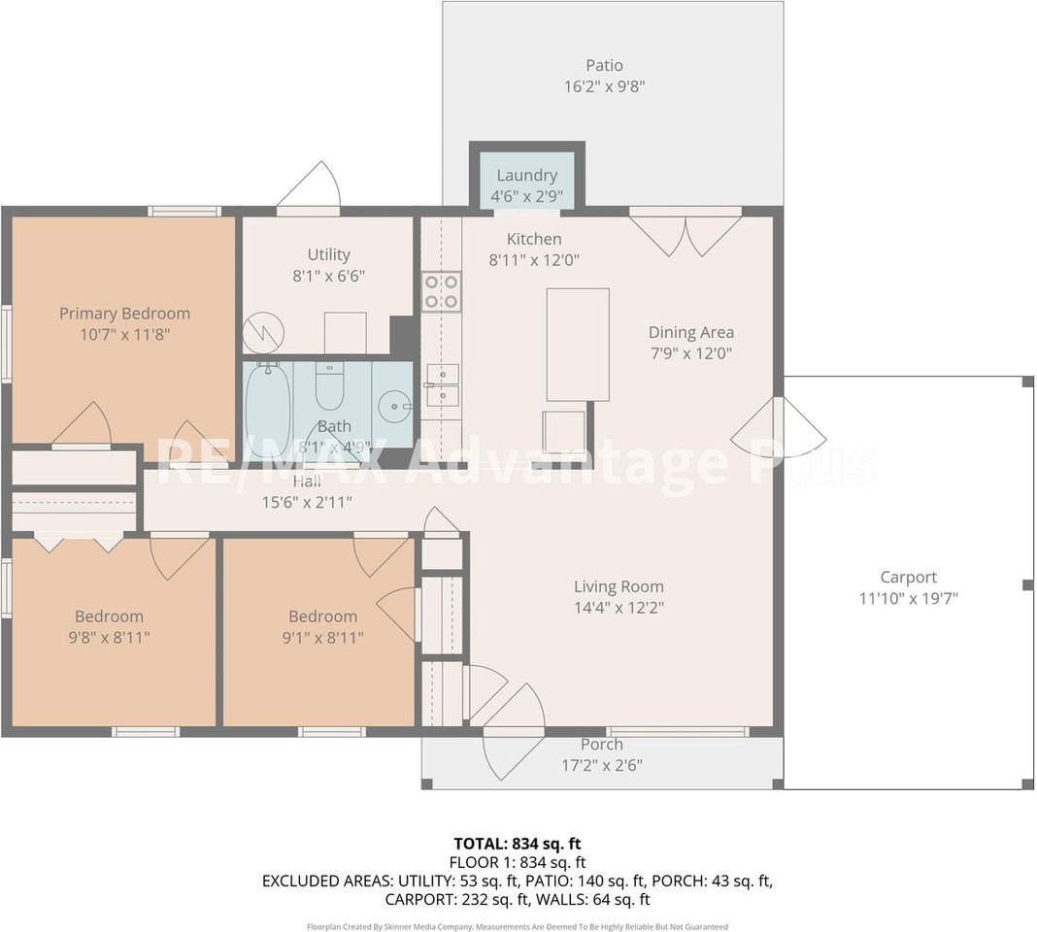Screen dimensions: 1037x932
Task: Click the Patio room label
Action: pyautogui.click(x=604, y=65)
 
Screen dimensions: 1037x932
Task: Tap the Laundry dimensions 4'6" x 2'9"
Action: pyautogui.click(x=526, y=196)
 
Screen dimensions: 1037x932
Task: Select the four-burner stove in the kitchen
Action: pyautogui.click(x=441, y=291)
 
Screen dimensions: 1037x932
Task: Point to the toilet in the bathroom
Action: pyautogui.click(x=329, y=387)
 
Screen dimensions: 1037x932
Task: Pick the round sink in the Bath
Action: pyautogui.click(x=395, y=404)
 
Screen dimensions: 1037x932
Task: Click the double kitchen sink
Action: pyautogui.click(x=443, y=385)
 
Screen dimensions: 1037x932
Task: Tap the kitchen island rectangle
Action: pyautogui.click(x=578, y=345)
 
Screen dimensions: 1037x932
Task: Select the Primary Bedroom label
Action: pyautogui.click(x=125, y=314)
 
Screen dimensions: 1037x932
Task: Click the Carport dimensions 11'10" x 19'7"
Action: pyautogui.click(x=908, y=599)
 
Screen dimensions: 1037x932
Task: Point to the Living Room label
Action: pyautogui.click(x=619, y=586)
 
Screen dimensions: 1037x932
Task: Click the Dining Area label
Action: pyautogui.click(x=691, y=332)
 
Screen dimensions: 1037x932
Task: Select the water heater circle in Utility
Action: pyautogui.click(x=263, y=332)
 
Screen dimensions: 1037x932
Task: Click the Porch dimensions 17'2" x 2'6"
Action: pyautogui.click(x=602, y=765)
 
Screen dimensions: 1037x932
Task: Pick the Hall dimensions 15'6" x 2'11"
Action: pyautogui.click(x=307, y=503)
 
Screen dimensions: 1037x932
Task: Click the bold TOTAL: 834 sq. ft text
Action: pyautogui.click(x=518, y=844)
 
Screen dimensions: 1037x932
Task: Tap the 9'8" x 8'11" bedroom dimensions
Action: pyautogui.click(x=109, y=638)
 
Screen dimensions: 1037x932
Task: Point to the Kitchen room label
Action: pyautogui.click(x=534, y=239)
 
